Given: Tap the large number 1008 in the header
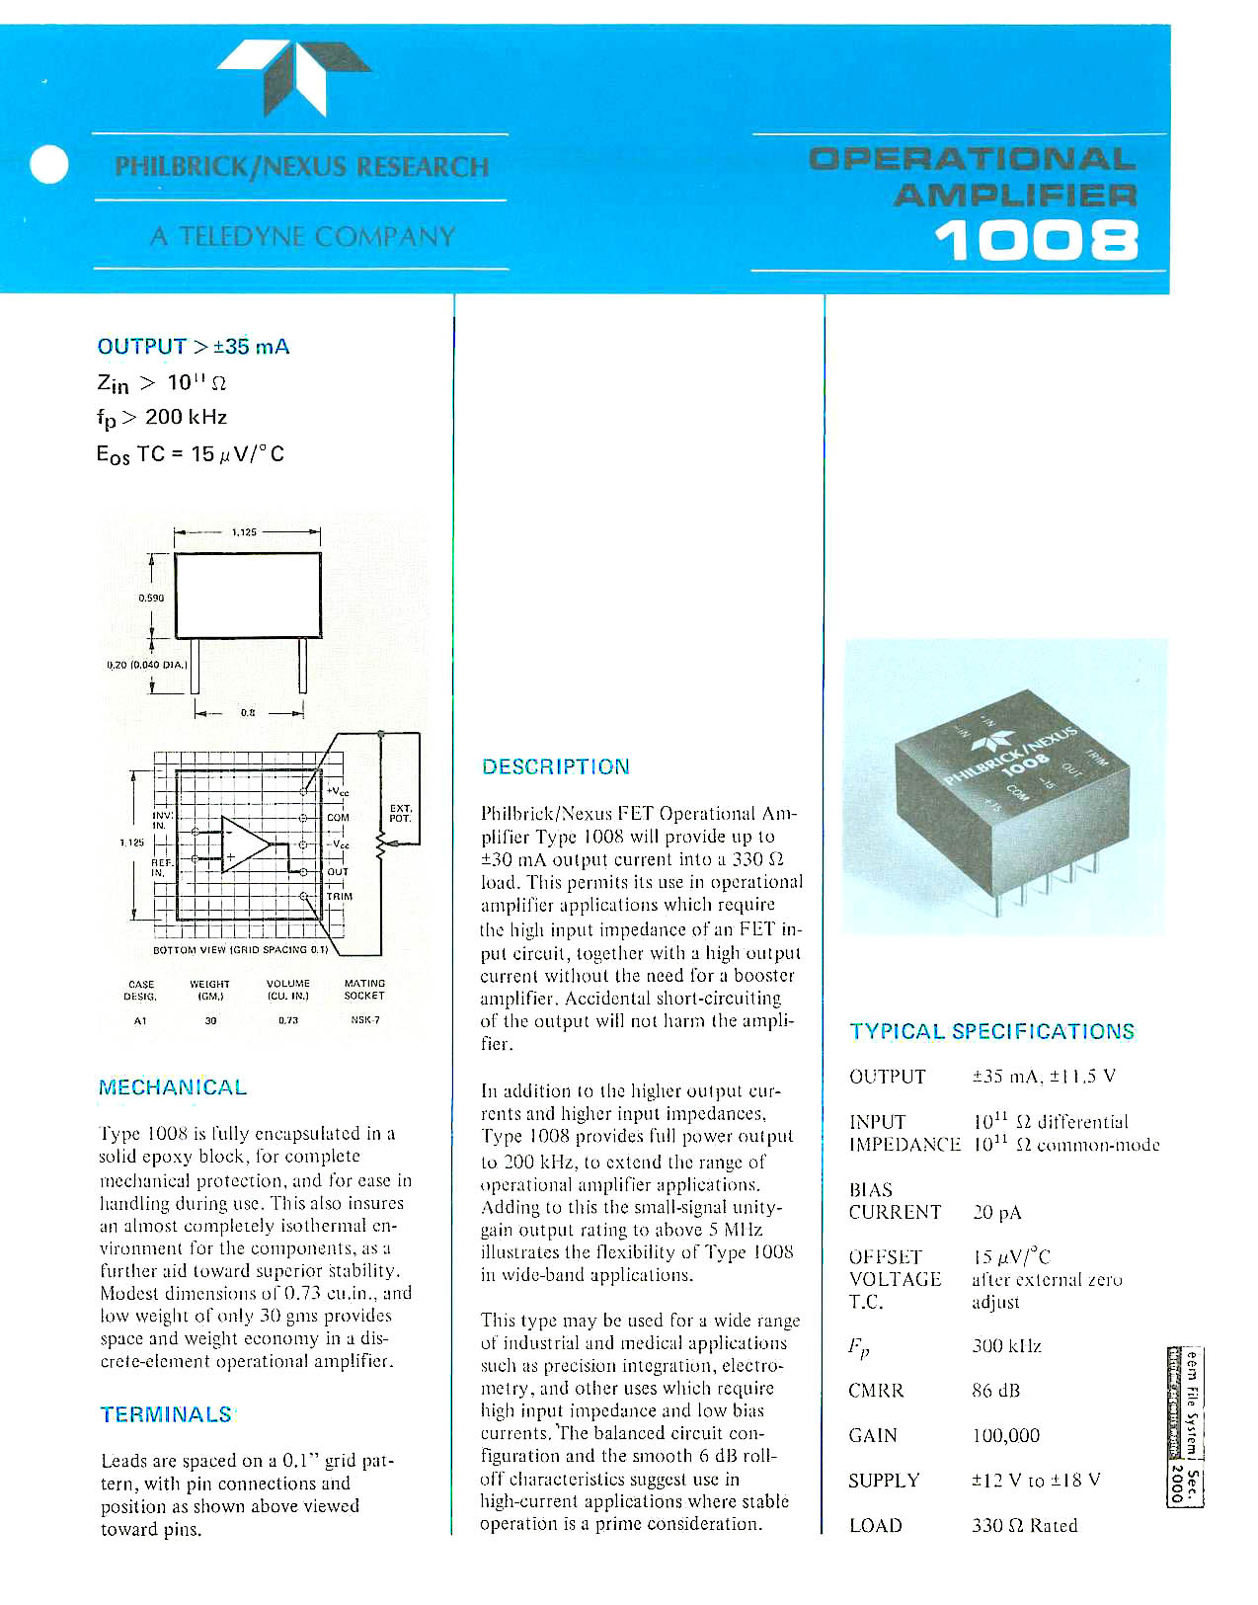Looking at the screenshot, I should (1036, 240).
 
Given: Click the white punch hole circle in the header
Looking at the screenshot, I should (48, 164).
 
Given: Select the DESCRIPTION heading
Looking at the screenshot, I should (555, 766).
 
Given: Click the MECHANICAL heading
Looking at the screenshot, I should (173, 1087).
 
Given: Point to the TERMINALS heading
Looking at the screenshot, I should (166, 1414).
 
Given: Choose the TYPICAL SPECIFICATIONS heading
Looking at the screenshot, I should (991, 1031).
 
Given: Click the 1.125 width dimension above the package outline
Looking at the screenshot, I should (244, 532).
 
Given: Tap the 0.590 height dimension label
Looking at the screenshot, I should (150, 598).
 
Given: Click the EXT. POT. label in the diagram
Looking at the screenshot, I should (400, 813).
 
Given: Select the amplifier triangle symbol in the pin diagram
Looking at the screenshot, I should (244, 844).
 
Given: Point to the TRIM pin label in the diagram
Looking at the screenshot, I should (340, 897).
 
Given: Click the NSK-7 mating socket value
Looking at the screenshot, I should (364, 1020).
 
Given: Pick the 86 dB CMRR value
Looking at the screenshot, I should (995, 1391).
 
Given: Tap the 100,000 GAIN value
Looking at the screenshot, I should (1005, 1435).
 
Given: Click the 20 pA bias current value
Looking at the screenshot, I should (996, 1212).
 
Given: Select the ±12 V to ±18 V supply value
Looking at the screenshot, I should (1036, 1481).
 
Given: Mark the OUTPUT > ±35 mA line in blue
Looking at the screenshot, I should (194, 347).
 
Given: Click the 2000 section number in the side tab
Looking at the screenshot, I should (1176, 1483).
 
